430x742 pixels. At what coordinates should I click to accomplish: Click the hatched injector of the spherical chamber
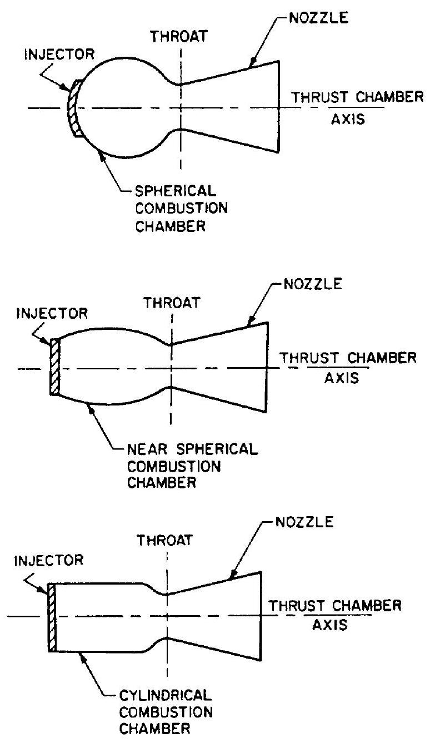pyautogui.click(x=74, y=108)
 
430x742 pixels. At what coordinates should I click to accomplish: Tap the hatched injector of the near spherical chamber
pyautogui.click(x=54, y=367)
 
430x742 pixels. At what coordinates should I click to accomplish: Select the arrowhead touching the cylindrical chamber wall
pyautogui.click(x=82, y=655)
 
